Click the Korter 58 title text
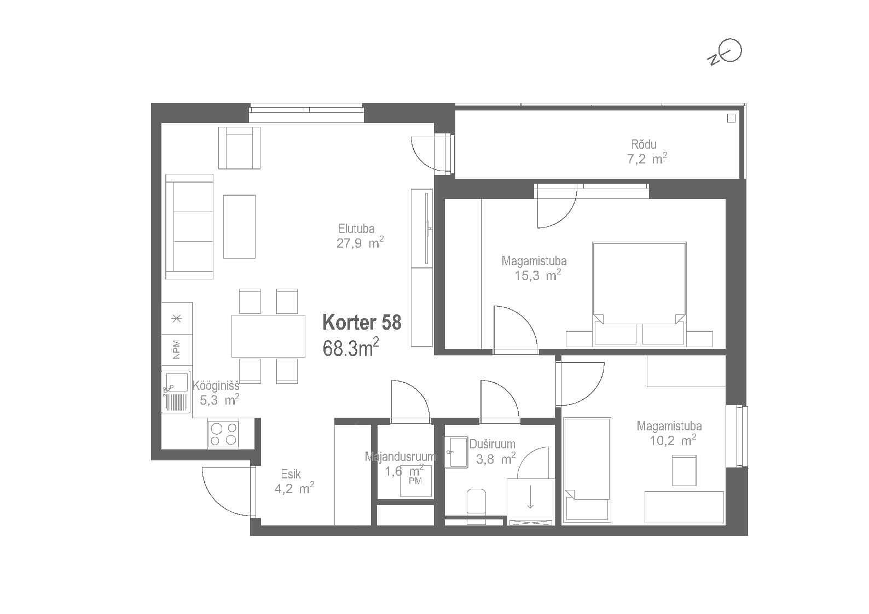pyautogui.click(x=362, y=323)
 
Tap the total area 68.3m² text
pyautogui.click(x=350, y=347)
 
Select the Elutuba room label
pyautogui.click(x=356, y=229)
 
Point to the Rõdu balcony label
pyautogui.click(x=644, y=144)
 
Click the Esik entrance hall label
pyautogui.click(x=291, y=474)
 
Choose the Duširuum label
pyautogui.click(x=493, y=444)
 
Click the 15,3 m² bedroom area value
pyautogui.click(x=538, y=275)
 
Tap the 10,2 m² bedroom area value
pyautogui.click(x=673, y=440)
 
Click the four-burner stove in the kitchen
pyautogui.click(x=223, y=434)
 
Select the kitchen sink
pyautogui.click(x=176, y=392)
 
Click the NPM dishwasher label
pyautogui.click(x=177, y=349)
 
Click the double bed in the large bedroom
pyautogui.click(x=639, y=294)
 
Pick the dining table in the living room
pyautogui.click(x=268, y=336)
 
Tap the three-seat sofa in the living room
pyautogui.click(x=189, y=226)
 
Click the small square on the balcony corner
pyautogui.click(x=731, y=118)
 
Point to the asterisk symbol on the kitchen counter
pyautogui.click(x=177, y=319)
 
